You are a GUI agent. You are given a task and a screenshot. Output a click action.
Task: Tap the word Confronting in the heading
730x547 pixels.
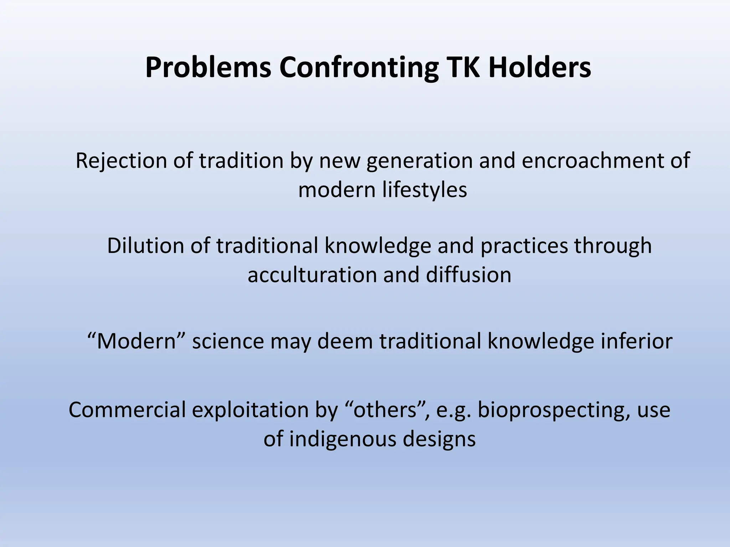tap(359, 68)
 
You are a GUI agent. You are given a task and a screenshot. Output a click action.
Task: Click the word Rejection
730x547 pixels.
tap(121, 161)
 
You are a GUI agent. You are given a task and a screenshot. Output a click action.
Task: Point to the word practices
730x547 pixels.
tap(524, 246)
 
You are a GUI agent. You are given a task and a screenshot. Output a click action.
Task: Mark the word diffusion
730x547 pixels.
tap(468, 275)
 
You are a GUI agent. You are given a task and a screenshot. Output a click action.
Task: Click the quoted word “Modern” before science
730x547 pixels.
tap(137, 341)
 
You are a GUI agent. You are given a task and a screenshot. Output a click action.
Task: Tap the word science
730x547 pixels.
tap(228, 341)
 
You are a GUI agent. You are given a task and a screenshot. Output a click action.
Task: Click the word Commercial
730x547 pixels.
tap(127, 410)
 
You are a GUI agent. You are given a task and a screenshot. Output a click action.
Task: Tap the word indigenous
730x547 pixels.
tap(342, 439)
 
